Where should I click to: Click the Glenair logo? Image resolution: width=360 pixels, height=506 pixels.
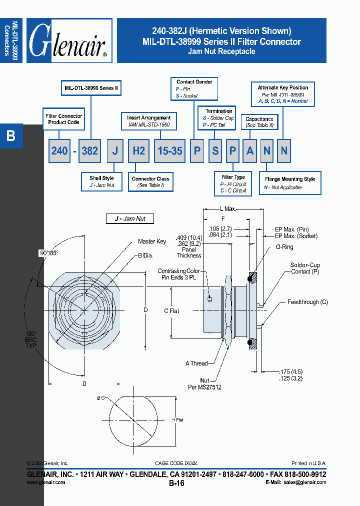tap(69, 41)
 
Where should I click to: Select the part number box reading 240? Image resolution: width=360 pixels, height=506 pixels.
tap(59, 150)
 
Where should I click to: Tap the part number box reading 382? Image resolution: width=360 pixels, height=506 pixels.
tap(89, 150)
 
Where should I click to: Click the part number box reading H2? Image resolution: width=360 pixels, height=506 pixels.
tap(138, 150)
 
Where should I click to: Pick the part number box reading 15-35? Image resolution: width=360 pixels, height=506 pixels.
tap(170, 150)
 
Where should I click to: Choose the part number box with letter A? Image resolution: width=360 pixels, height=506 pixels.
tap(250, 150)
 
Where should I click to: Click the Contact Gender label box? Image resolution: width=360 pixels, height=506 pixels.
tap(194, 88)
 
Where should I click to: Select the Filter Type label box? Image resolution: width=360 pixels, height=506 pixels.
tap(233, 183)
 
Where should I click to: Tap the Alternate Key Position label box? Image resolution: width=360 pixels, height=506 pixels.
tap(283, 94)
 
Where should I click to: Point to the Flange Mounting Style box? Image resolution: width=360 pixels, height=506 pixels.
tap(290, 183)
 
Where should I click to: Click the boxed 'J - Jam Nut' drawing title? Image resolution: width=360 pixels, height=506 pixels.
tap(129, 218)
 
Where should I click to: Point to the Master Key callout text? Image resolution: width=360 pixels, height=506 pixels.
tap(152, 241)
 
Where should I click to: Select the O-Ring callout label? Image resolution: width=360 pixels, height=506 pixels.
tap(284, 247)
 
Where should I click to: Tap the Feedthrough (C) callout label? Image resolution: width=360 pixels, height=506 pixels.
tap(307, 302)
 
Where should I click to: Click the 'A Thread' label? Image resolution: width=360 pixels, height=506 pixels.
tap(196, 363)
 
